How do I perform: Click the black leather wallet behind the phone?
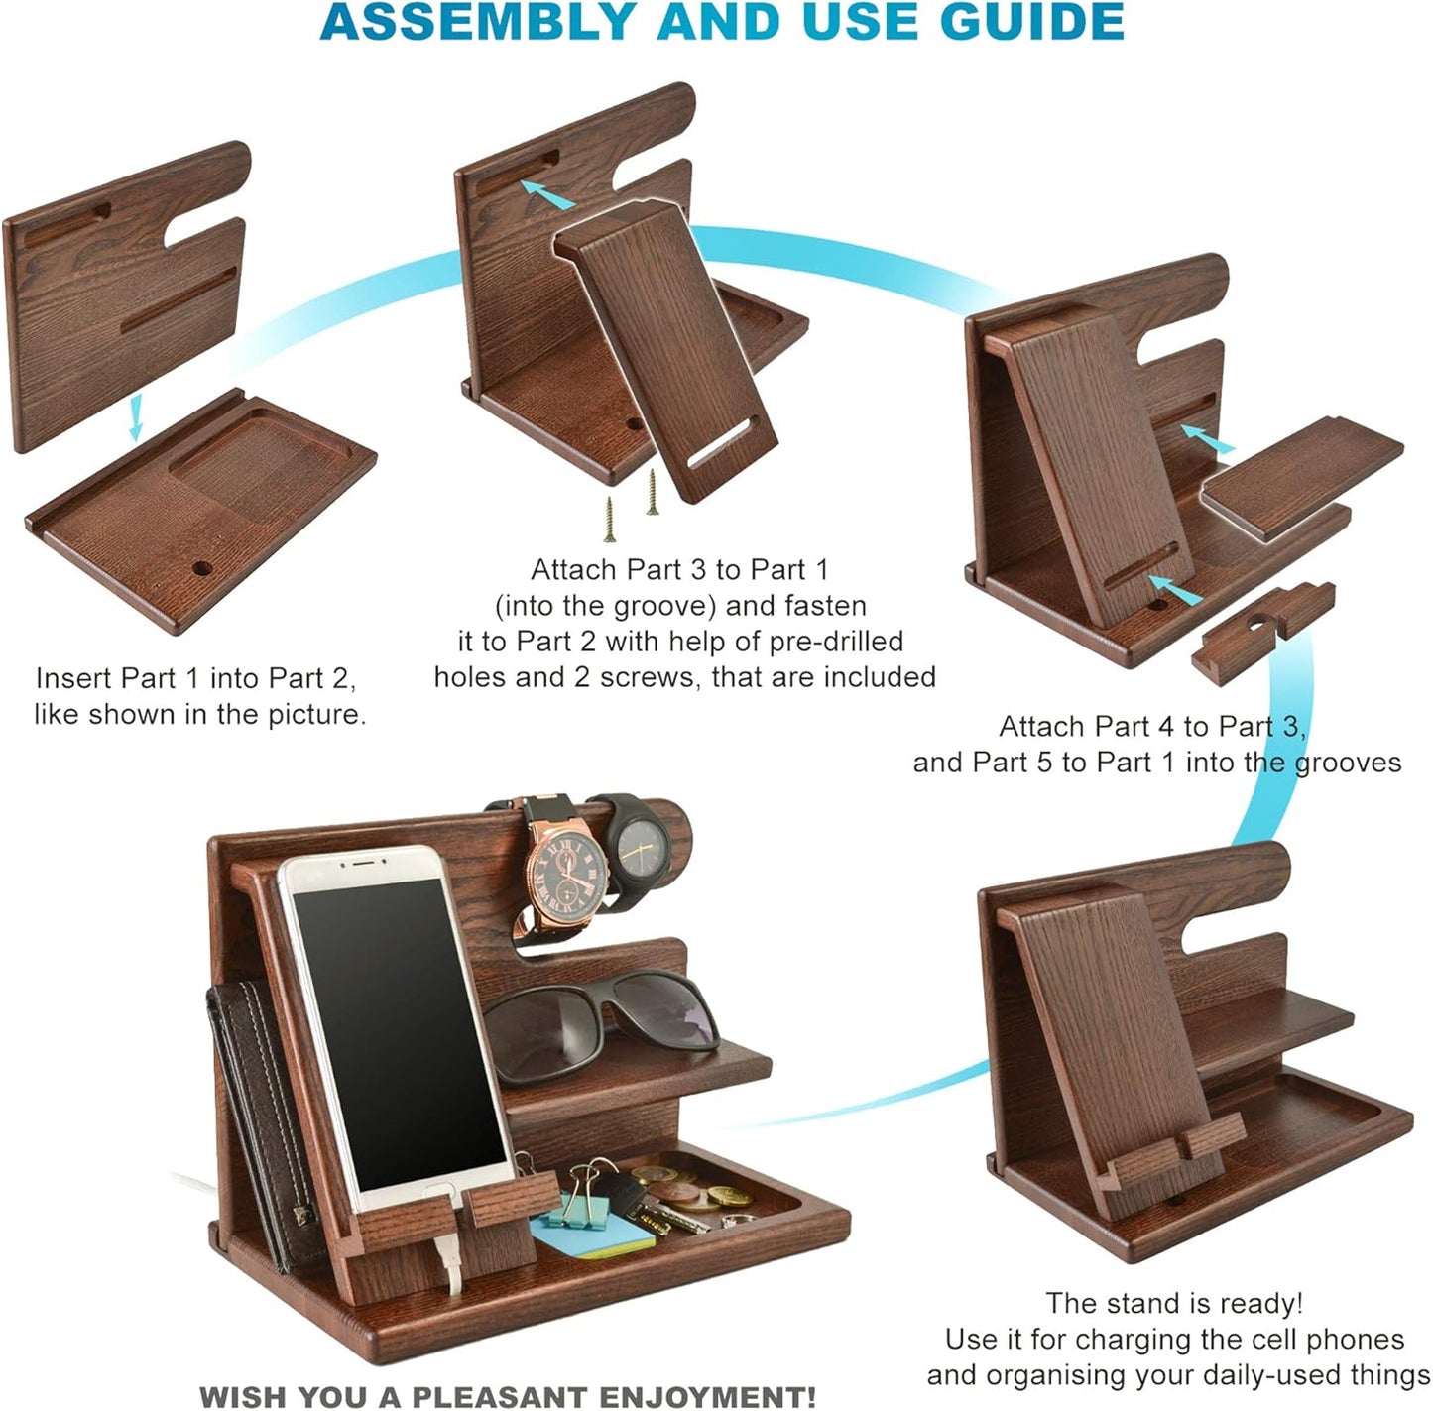[260, 1120]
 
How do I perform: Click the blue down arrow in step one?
[136, 416]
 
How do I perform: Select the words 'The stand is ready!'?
[1174, 1302]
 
